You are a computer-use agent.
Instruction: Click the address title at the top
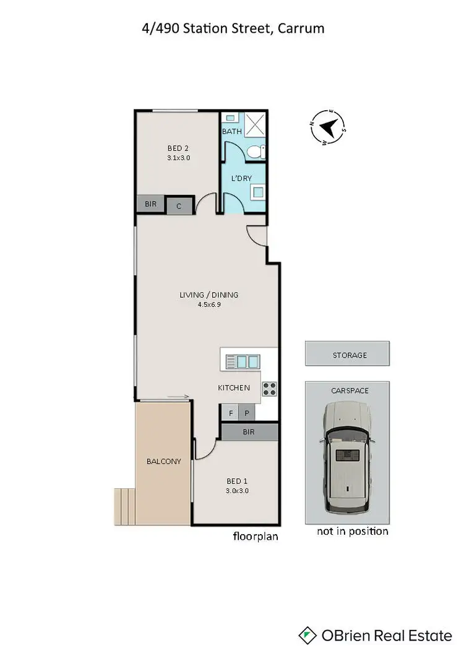[232, 28]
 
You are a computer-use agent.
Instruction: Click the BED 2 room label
[178, 148]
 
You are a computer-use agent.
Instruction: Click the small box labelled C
[179, 205]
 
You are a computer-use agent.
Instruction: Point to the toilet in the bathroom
[256, 151]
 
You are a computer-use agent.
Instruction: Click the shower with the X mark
[253, 125]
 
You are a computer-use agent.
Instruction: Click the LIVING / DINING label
[208, 295]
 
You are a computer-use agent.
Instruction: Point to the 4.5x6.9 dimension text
[208, 304]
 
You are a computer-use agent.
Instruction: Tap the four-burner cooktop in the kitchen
[270, 389]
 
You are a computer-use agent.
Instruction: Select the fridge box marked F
[231, 413]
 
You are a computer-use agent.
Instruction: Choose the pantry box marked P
[246, 413]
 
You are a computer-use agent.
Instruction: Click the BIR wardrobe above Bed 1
[249, 432]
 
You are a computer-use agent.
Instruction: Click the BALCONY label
[163, 461]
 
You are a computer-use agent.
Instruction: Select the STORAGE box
[346, 355]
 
